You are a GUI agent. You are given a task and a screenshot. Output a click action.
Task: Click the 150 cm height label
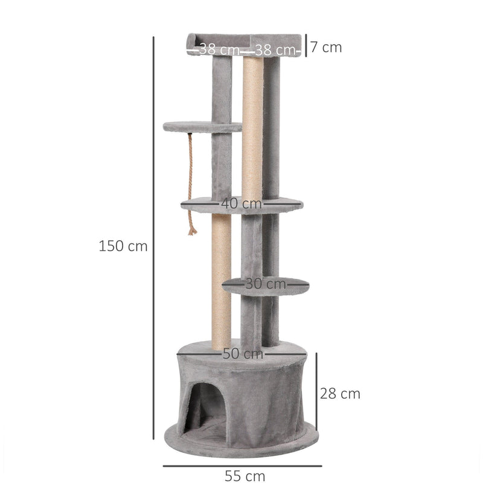(123, 246)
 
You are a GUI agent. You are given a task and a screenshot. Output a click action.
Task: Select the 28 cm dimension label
(340, 394)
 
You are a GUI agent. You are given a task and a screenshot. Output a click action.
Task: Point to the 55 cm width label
(245, 476)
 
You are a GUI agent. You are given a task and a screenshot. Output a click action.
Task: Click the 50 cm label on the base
(243, 354)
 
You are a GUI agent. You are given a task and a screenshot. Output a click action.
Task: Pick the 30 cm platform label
(266, 283)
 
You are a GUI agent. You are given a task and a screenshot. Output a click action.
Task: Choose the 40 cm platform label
(241, 204)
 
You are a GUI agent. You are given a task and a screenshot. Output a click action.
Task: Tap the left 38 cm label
(219, 50)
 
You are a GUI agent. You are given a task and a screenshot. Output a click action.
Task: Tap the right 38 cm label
(275, 50)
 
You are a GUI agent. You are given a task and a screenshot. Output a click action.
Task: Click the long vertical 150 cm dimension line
(154, 241)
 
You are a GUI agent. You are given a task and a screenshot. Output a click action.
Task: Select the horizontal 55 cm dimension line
(242, 465)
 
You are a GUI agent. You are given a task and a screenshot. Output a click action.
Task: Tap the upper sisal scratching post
(252, 127)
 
